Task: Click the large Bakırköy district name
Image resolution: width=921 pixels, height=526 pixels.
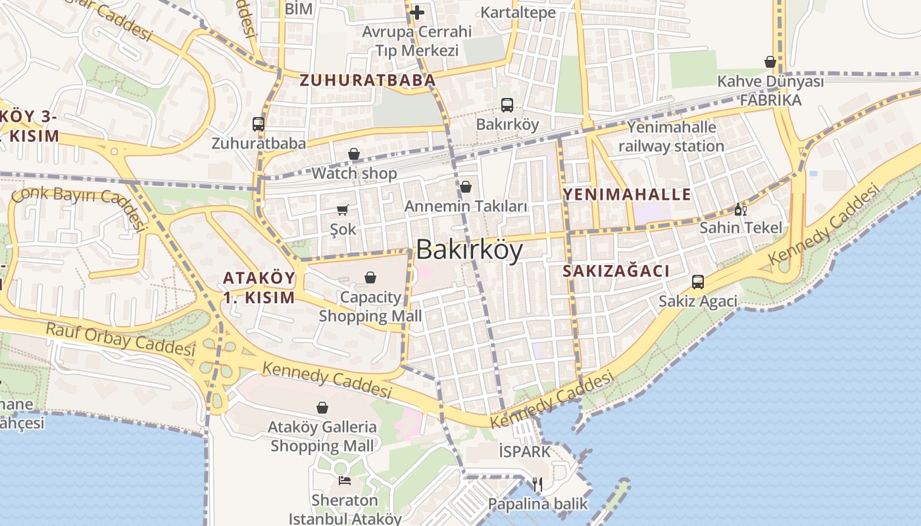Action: click(470, 251)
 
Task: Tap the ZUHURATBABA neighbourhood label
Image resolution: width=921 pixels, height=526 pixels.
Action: click(367, 80)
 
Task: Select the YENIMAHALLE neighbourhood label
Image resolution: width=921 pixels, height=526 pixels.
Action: click(627, 194)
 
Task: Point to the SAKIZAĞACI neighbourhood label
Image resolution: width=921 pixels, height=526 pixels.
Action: click(616, 271)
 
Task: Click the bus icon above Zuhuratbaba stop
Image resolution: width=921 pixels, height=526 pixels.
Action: click(259, 124)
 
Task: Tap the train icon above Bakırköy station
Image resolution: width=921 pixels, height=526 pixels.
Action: click(507, 105)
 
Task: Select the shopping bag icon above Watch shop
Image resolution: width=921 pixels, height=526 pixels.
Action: click(354, 154)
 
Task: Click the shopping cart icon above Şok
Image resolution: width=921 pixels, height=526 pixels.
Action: click(342, 210)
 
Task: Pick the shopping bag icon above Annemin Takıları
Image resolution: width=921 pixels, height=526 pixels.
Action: click(466, 187)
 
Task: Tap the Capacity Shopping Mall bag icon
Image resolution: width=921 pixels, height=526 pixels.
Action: click(370, 277)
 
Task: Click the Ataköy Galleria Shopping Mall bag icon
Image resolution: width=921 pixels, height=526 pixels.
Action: click(322, 408)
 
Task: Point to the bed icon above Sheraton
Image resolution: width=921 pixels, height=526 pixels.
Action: click(344, 481)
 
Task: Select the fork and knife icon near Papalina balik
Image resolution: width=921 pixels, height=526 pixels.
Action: click(537, 485)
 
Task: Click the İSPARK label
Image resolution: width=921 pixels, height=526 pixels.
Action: click(524, 452)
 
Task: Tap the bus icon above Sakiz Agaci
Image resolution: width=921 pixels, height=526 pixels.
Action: click(698, 282)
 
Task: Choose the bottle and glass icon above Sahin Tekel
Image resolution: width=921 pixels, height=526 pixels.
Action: click(741, 209)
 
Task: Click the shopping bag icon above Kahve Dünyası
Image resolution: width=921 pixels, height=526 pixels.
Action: click(770, 62)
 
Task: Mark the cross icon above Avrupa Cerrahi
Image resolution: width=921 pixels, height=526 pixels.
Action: click(416, 12)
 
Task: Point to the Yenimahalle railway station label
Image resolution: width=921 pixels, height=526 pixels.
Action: click(671, 136)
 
